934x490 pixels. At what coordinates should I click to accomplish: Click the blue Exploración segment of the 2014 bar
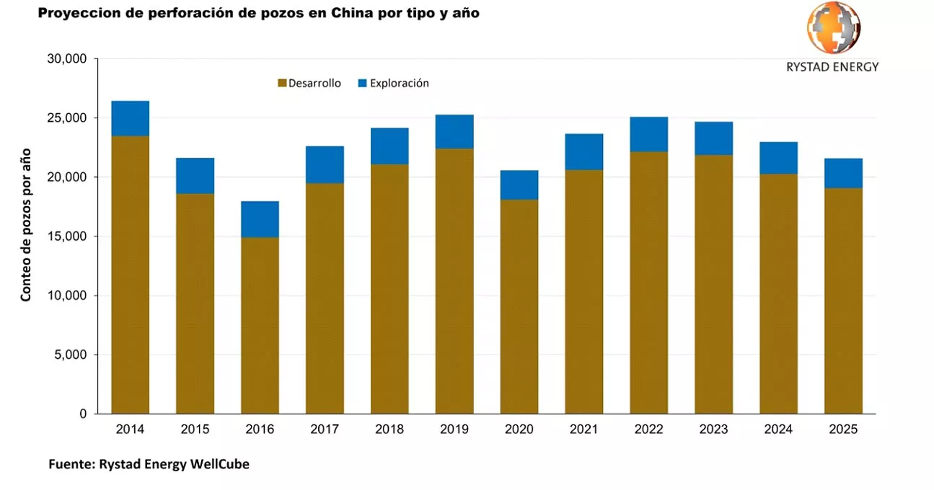pyautogui.click(x=130, y=118)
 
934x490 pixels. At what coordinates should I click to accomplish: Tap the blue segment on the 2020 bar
pyautogui.click(x=519, y=185)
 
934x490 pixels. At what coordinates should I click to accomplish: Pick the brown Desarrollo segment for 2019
pyautogui.click(x=454, y=281)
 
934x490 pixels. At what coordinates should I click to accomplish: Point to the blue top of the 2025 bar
pyautogui.click(x=843, y=174)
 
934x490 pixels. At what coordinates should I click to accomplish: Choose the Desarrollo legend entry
pyautogui.click(x=309, y=84)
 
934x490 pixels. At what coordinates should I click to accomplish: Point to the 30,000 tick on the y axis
pyautogui.click(x=67, y=59)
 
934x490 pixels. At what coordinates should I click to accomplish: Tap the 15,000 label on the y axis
pyautogui.click(x=67, y=236)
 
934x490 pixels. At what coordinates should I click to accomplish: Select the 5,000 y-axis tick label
pyautogui.click(x=70, y=355)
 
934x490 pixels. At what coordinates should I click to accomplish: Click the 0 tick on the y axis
pyautogui.click(x=83, y=414)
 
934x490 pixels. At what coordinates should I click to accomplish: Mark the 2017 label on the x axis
pyautogui.click(x=325, y=430)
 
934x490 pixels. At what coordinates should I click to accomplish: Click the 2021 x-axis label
pyautogui.click(x=583, y=430)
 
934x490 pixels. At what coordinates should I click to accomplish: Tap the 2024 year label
pyautogui.click(x=778, y=430)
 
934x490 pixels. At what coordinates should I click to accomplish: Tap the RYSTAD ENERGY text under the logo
pyautogui.click(x=832, y=67)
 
